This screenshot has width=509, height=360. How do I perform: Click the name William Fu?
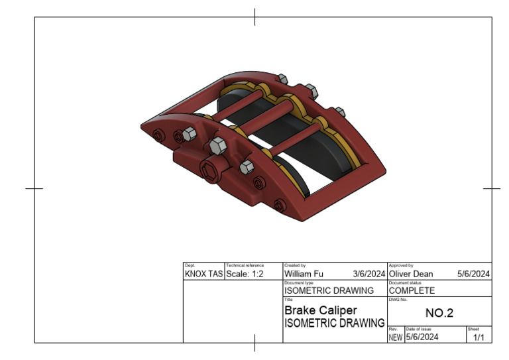coord(304,273)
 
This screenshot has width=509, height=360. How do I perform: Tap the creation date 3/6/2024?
coord(369,273)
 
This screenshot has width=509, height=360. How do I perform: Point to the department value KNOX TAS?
coord(203,273)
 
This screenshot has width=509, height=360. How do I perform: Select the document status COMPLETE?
coord(412,290)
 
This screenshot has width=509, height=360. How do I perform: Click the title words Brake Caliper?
coord(320,310)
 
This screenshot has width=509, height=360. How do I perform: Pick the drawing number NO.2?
coord(439,313)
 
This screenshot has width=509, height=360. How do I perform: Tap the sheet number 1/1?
coord(479,337)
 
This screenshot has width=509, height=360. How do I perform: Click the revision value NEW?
coord(395,337)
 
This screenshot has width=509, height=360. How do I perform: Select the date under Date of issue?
coord(422,337)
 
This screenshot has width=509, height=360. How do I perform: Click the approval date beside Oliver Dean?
coord(473,273)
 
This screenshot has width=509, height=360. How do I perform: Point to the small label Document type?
coord(299,282)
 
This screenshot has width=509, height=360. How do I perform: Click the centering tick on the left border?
coord(34,188)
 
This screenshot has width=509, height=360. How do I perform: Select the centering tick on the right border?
coord(492,188)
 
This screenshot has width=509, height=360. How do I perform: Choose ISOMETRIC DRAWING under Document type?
coord(329,290)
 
